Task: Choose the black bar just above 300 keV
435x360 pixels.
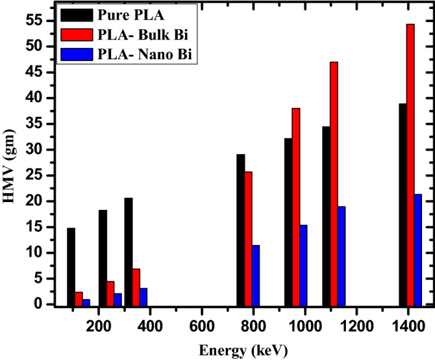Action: click(129, 251)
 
